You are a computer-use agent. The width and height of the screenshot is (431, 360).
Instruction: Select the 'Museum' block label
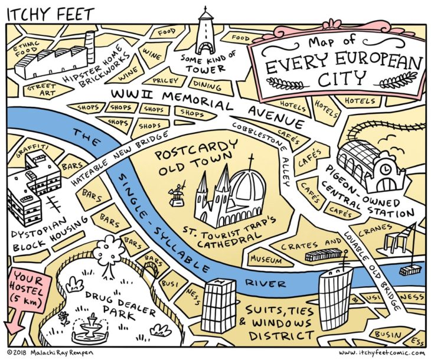266,259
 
